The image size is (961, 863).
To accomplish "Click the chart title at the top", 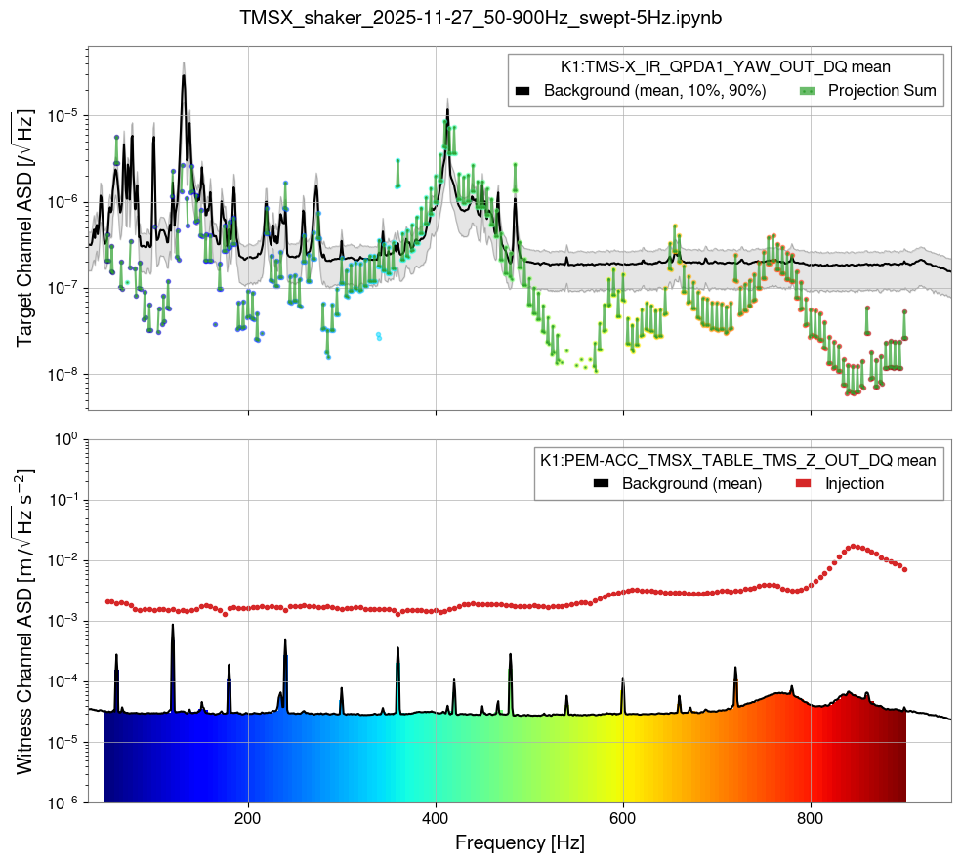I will pos(480,18).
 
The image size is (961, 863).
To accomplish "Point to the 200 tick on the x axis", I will pos(248,817).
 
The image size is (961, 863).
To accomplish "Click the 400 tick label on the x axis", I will pos(436,817).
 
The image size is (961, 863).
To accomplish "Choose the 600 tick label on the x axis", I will pos(623,817).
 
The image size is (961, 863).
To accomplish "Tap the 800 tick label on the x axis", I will pos(811,817).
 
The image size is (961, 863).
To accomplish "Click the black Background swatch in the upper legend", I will pos(522,91).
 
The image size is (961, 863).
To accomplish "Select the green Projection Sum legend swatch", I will pos(808,91).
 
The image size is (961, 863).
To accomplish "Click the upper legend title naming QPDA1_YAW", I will pos(725,67).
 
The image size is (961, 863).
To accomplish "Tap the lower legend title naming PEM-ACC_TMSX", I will pos(738,460).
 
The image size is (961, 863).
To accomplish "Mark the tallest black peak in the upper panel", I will pos(183,76).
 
